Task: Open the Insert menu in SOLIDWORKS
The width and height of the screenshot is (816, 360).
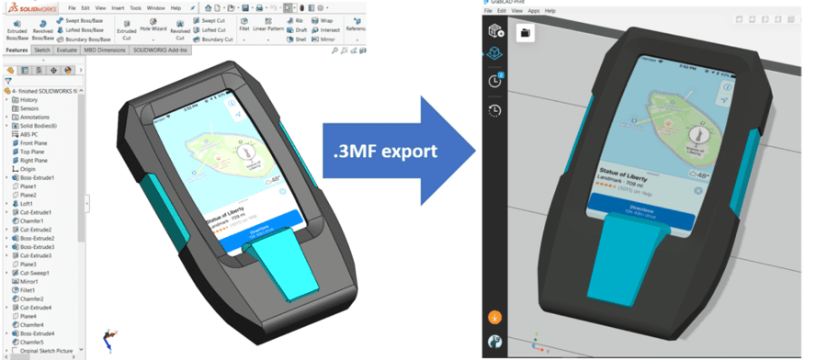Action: (x=117, y=7)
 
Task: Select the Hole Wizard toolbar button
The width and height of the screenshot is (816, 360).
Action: (x=152, y=28)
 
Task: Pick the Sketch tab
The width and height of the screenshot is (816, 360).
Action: (x=42, y=51)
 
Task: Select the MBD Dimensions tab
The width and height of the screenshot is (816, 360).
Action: (x=104, y=51)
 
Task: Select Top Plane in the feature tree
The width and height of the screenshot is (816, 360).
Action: (x=33, y=152)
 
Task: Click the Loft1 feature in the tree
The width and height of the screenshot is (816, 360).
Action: (x=28, y=204)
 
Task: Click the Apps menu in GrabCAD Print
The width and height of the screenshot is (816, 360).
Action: (x=533, y=11)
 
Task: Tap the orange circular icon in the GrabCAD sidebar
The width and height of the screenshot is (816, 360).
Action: (x=494, y=318)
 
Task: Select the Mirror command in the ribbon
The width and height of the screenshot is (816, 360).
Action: (x=323, y=39)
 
